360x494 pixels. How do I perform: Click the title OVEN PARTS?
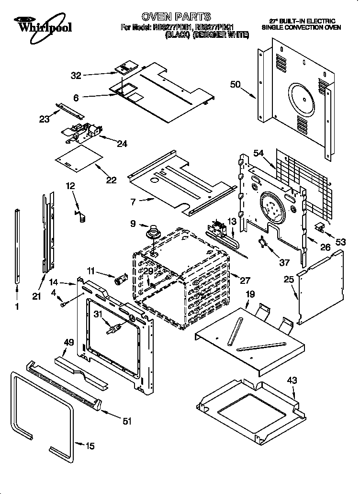pos(176,18)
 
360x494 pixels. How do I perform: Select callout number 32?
pos(76,75)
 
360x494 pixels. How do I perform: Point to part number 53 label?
pos(340,242)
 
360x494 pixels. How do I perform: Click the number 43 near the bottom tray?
pos(292,381)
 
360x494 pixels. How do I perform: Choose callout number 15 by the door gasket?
pos(90,446)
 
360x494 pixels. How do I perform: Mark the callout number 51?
pos(127,421)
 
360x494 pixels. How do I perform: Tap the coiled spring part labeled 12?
pos(80,214)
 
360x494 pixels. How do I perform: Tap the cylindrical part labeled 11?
pos(120,279)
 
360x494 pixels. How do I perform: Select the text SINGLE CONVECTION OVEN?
pos(302,28)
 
